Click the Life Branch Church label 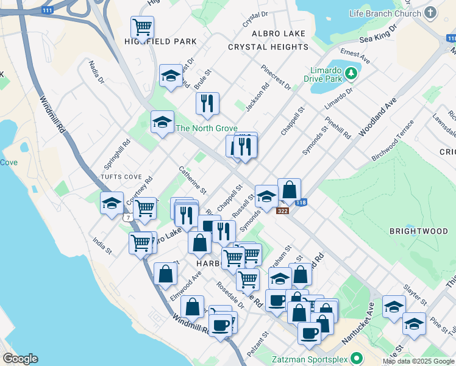click(x=385, y=13)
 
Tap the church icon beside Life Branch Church click(x=431, y=13)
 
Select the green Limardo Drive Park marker click(x=351, y=74)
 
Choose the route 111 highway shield click(x=47, y=10)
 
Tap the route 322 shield click(x=282, y=211)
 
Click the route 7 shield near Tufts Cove click(x=127, y=217)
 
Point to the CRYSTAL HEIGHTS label click(x=268, y=47)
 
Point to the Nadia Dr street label click(x=96, y=71)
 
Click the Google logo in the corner click(x=20, y=359)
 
